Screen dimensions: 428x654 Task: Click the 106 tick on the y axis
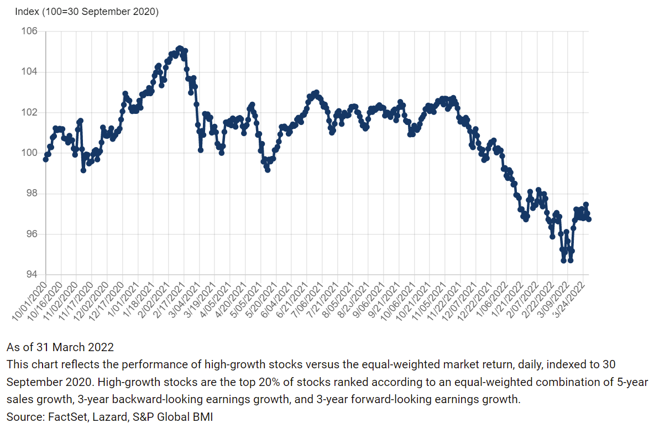29,32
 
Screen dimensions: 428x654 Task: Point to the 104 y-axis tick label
29,72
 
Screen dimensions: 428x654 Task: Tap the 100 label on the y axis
29,153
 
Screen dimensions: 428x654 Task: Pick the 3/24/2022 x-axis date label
572,298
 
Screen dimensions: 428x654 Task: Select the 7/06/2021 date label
302,298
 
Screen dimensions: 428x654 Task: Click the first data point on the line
45,159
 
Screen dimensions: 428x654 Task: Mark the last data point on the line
589,220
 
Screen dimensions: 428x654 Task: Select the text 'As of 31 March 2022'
60,347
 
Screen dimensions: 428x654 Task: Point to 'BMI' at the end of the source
201,416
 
